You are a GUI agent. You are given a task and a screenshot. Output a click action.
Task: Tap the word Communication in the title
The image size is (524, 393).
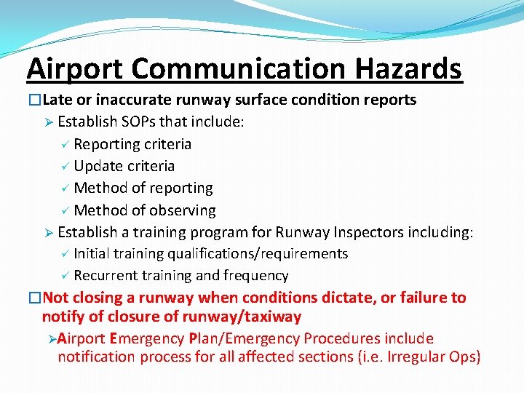click(239, 69)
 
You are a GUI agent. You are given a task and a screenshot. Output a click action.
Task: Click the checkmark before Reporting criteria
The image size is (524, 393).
click(63, 144)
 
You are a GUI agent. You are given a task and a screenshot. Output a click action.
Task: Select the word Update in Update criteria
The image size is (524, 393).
click(98, 166)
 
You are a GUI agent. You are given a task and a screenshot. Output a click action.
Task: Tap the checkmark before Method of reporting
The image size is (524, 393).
click(63, 188)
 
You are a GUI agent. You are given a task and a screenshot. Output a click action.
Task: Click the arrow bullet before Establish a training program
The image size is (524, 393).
click(47, 233)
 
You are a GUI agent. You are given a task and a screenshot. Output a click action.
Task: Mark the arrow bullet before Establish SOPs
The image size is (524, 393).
click(47, 122)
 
